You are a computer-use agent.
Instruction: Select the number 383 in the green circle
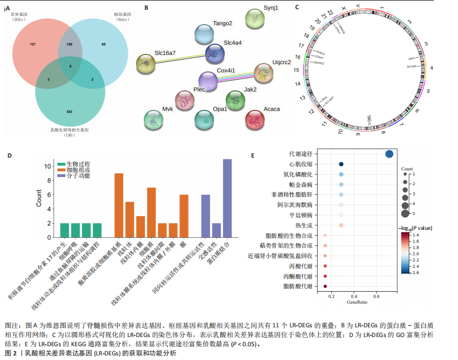69,111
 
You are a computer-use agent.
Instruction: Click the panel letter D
9,155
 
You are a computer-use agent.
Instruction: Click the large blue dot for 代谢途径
389,154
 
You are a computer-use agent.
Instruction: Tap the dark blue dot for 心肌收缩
341,164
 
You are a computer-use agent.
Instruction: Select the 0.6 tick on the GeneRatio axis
377,296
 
